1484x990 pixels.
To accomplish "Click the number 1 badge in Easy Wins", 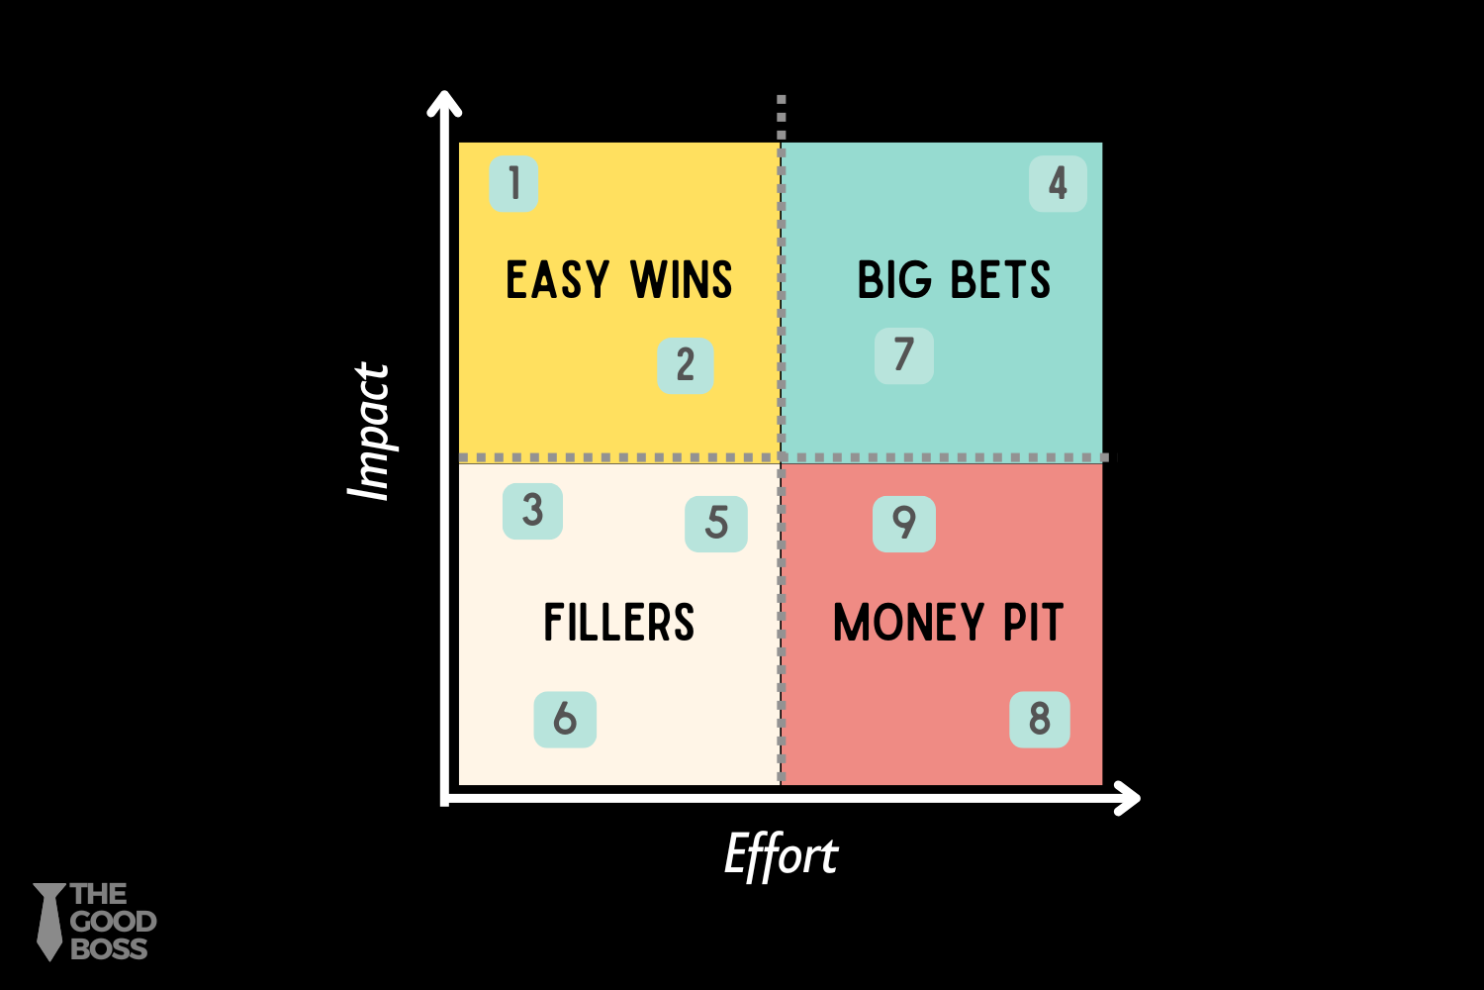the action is click(513, 184).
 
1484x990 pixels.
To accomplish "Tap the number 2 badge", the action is click(686, 365).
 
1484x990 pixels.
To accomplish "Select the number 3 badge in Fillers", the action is click(532, 511).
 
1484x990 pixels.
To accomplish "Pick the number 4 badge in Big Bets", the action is click(1058, 184).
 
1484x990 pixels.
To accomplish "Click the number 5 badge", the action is click(716, 524).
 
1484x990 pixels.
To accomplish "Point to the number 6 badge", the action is click(565, 719).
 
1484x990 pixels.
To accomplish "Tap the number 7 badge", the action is click(903, 355).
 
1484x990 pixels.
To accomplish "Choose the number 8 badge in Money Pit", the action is click(1039, 719).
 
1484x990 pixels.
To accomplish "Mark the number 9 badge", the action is click(903, 524).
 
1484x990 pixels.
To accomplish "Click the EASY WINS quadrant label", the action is click(618, 280).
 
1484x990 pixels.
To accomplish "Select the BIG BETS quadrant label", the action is click(954, 280).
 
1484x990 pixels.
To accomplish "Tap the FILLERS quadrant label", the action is click(618, 623).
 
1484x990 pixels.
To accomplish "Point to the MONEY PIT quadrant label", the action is click(948, 623).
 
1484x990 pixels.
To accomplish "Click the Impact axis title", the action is click(370, 432).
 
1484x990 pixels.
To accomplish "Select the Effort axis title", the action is click(781, 856).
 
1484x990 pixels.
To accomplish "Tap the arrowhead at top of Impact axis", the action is click(444, 101).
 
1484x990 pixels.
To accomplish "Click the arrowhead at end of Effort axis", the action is click(1128, 798).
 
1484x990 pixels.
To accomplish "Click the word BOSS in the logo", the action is click(109, 948).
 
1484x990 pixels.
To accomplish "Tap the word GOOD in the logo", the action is click(113, 922).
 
